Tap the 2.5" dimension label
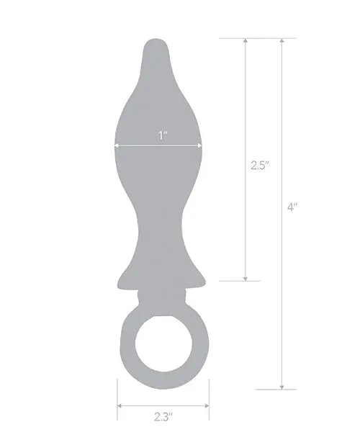tap(259, 165)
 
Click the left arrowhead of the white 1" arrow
tap(117, 145)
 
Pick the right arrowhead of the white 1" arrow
tap(202, 145)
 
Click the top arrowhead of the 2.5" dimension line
tap(246, 42)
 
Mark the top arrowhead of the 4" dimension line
tap(282, 42)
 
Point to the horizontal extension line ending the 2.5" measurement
tap(238, 280)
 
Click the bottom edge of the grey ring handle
tap(163, 379)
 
